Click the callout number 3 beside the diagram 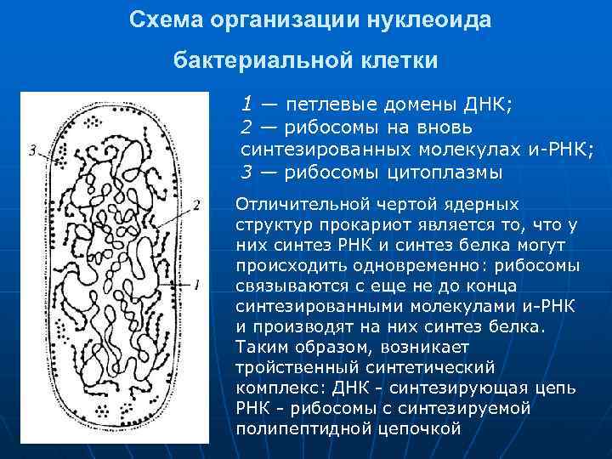point(31,150)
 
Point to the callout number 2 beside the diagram point(196,205)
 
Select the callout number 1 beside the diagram point(196,284)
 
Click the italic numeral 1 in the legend point(246,105)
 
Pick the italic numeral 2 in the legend point(246,127)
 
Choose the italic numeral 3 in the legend point(246,172)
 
